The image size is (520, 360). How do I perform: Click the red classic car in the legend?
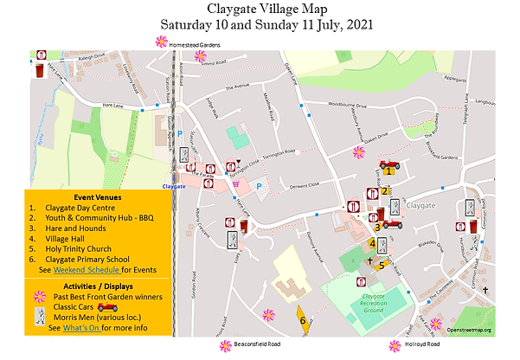[x=107, y=306]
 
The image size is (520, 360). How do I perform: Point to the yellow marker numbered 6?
[x=303, y=319]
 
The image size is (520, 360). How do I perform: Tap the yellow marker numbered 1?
[x=389, y=170]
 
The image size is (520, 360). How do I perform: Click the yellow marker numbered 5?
[x=382, y=266]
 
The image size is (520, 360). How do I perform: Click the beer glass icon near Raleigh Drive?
[x=40, y=67]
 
